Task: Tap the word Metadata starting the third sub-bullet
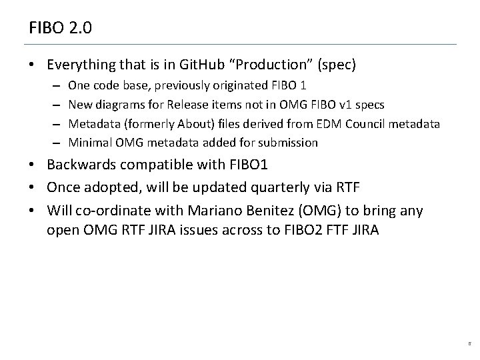click(92, 123)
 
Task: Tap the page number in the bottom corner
click(469, 345)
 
